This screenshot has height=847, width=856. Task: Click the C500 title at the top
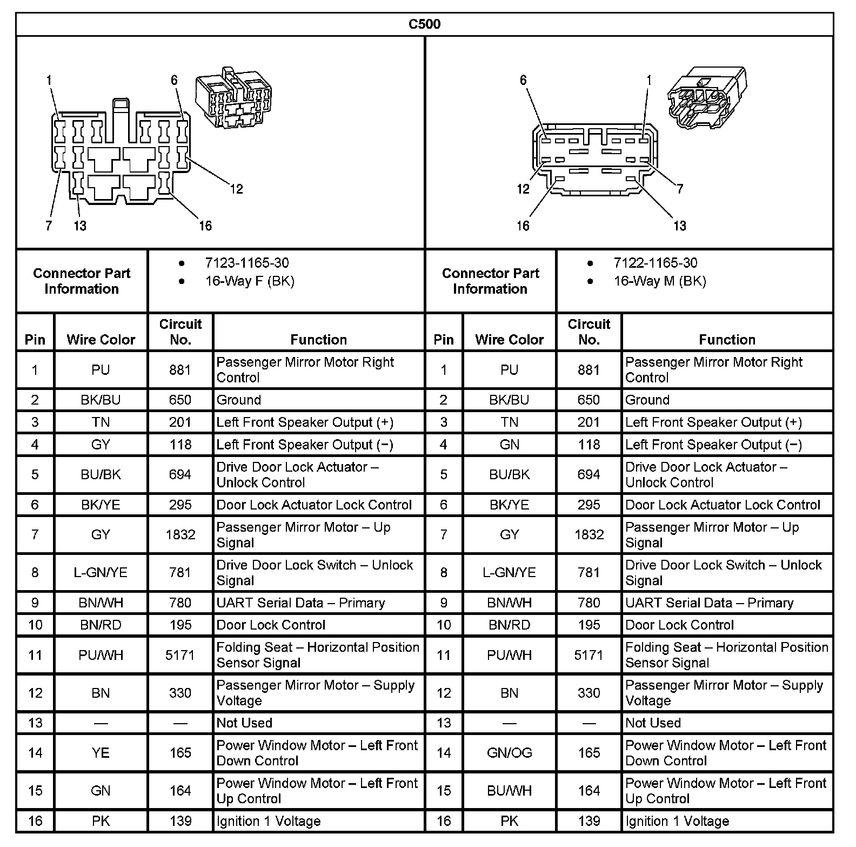(x=424, y=24)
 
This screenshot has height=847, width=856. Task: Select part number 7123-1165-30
(x=246, y=263)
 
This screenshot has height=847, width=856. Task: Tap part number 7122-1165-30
(x=655, y=263)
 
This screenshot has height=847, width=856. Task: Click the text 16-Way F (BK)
(x=249, y=281)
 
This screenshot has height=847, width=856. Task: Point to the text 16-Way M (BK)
(x=659, y=281)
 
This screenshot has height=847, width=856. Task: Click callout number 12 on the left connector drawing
(x=236, y=189)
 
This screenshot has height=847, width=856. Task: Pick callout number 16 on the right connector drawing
(x=523, y=226)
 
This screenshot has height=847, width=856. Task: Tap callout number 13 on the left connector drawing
(x=80, y=226)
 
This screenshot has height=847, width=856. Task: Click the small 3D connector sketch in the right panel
(x=706, y=98)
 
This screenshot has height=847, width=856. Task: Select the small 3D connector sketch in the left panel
(x=233, y=98)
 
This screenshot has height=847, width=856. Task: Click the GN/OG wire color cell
(x=509, y=753)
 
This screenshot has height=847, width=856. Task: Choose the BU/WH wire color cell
(x=509, y=791)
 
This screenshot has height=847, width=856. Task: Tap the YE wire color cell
(x=101, y=753)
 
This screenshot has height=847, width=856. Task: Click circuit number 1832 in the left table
(x=180, y=534)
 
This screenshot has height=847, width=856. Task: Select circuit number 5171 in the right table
(x=588, y=655)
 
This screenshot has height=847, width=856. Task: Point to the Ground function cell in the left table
(x=239, y=400)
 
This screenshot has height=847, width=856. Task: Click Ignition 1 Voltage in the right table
(x=677, y=821)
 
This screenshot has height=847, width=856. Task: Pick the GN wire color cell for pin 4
(x=509, y=445)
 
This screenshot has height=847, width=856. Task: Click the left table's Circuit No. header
(x=180, y=332)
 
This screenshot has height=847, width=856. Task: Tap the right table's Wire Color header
(x=509, y=340)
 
